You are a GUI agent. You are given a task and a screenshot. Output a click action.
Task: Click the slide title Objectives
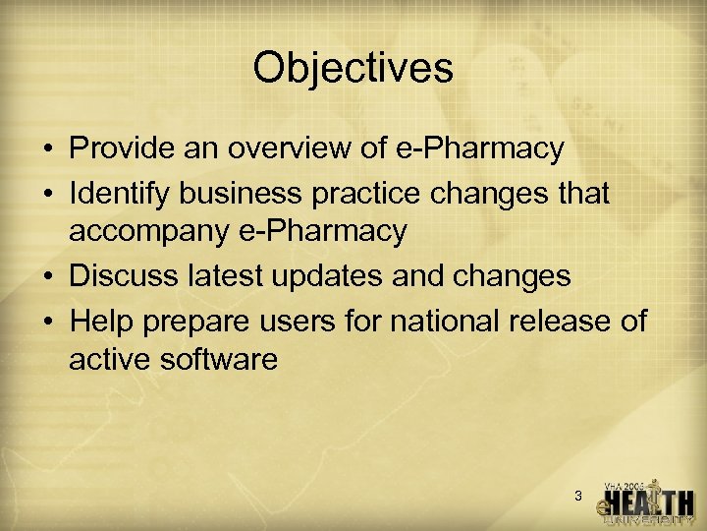tap(353, 68)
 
